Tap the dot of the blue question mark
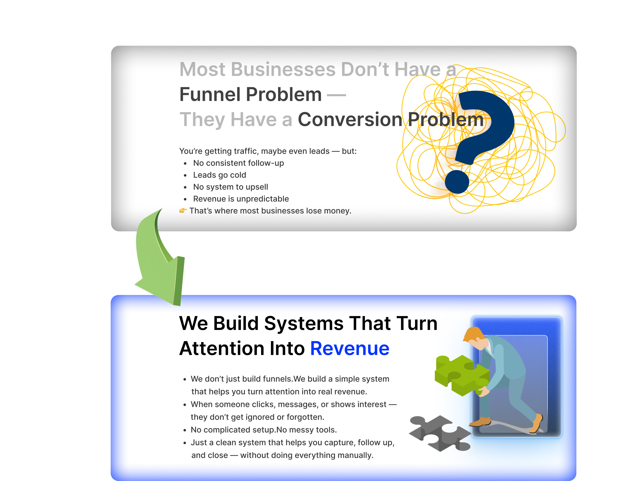(x=457, y=182)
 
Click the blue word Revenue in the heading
(x=350, y=348)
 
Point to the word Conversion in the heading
(x=350, y=120)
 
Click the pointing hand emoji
(x=183, y=210)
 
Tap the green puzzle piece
(x=461, y=374)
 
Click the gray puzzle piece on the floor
(x=439, y=433)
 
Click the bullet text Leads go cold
(x=220, y=175)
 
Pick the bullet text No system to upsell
(x=230, y=187)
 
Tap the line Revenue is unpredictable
(x=241, y=199)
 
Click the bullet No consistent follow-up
(x=238, y=163)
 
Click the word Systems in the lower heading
(x=304, y=323)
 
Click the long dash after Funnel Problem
(x=336, y=95)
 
